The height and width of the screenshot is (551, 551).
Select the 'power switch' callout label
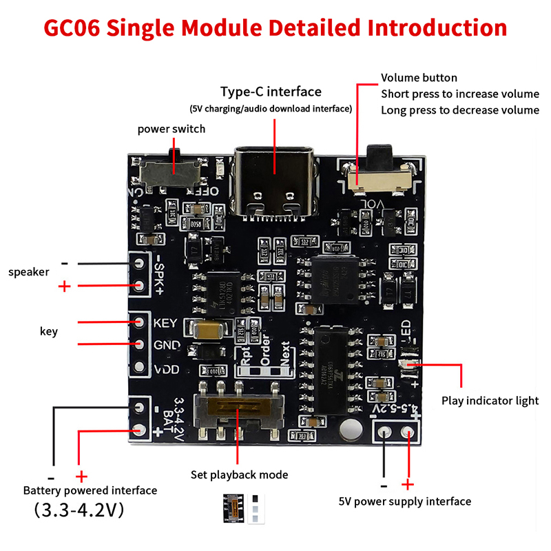point(171,129)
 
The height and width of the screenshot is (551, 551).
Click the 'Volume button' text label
point(419,78)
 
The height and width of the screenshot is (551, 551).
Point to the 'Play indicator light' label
point(490,401)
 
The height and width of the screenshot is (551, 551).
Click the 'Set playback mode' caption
point(239,475)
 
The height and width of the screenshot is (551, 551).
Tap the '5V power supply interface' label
point(405,501)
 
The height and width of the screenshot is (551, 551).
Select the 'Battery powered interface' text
point(90,490)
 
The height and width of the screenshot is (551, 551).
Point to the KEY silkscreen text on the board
point(166,323)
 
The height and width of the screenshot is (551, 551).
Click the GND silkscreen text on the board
point(166,345)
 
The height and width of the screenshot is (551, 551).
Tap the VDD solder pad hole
point(140,368)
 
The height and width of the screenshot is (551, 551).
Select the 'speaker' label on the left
point(29,272)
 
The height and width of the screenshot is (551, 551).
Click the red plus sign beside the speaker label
point(65,286)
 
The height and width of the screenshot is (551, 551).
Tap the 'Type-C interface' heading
point(271,92)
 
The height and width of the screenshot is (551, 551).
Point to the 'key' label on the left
point(49,331)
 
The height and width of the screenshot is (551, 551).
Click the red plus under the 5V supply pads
point(408,484)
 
